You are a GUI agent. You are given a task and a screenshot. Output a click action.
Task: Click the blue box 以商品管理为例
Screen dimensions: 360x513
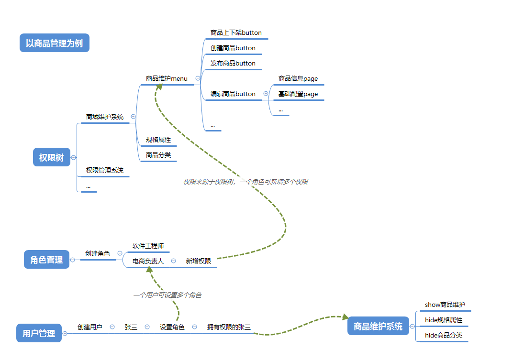(55, 44)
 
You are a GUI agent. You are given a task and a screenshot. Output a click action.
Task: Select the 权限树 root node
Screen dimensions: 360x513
(51, 158)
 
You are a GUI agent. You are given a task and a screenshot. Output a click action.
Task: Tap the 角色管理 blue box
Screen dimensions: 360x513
(46, 260)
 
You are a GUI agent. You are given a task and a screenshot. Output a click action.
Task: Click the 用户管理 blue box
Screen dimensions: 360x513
(39, 333)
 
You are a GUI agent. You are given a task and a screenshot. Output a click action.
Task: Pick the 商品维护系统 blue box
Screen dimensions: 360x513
(378, 327)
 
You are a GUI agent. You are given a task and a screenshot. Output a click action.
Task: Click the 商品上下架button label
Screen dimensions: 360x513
(236, 33)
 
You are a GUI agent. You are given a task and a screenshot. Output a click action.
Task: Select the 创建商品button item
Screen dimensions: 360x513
(233, 48)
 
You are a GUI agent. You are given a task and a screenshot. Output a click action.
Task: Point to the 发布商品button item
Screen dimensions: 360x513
(233, 64)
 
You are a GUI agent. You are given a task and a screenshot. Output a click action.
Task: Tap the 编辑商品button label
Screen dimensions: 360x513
(233, 94)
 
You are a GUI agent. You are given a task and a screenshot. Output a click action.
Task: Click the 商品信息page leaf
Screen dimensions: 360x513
(298, 79)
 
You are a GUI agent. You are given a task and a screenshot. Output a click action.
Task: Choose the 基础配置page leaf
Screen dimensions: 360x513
(298, 94)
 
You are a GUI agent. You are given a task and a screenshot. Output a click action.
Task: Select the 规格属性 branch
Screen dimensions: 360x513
(158, 140)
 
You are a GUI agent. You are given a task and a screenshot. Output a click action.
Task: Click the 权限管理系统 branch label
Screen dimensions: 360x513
(104, 170)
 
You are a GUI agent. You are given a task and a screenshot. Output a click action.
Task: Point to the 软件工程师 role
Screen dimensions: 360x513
(148, 246)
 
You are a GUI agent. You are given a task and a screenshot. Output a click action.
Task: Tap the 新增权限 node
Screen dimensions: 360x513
(198, 262)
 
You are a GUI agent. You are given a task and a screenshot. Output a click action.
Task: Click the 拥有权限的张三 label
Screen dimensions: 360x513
(229, 327)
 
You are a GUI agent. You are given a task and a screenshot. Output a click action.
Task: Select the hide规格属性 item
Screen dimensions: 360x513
(444, 320)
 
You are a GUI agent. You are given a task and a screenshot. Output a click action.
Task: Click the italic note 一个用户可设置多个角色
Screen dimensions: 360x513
(167, 295)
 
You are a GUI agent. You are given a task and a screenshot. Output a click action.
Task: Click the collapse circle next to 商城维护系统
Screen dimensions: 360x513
(133, 117)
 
